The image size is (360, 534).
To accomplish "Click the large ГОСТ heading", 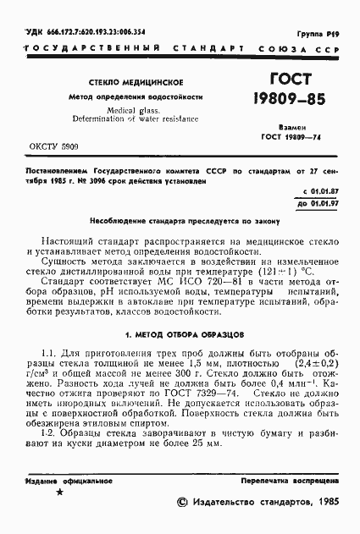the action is point(291,80).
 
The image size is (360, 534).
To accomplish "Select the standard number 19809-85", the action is point(291,105).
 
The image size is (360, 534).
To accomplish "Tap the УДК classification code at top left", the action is point(75,31).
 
